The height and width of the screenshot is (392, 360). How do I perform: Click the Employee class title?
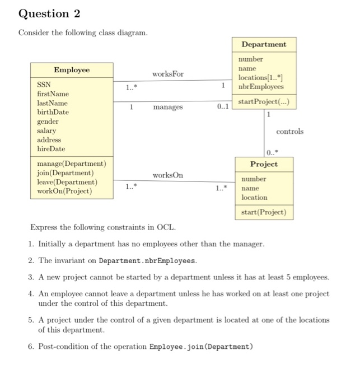[x=71, y=70]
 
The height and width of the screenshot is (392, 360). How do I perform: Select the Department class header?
[x=264, y=44]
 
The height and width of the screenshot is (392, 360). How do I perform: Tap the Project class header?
[x=264, y=164]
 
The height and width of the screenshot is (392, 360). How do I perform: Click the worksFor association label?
[x=167, y=74]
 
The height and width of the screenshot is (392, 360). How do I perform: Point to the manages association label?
[x=167, y=106]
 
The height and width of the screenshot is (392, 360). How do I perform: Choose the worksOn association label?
[x=167, y=175]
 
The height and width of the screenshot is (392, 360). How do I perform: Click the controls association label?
[x=289, y=132]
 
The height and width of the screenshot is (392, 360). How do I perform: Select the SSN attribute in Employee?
[x=44, y=85]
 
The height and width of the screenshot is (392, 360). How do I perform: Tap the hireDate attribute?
[x=51, y=149]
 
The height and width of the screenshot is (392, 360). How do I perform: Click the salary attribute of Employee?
[x=46, y=130]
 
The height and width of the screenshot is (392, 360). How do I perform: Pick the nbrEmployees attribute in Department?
[x=261, y=87]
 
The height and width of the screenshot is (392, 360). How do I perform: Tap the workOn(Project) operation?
[x=64, y=192]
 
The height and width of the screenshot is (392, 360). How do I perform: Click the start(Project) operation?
[x=264, y=212]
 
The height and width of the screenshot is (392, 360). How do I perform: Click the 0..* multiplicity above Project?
[x=272, y=152]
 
